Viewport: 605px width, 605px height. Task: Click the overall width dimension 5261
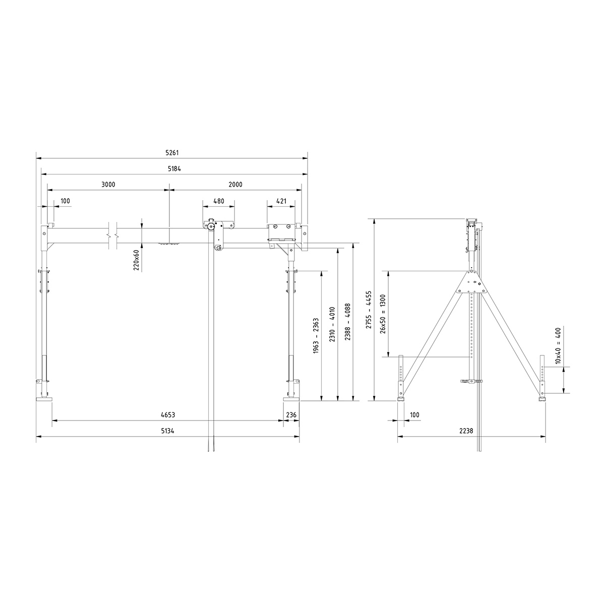point(172,153)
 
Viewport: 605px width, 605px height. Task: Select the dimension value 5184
point(172,169)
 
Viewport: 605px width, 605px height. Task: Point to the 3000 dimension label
point(108,185)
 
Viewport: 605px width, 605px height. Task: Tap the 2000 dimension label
point(235,185)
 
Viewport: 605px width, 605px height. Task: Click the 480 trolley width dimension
point(218,201)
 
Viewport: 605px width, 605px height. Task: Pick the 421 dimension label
point(281,201)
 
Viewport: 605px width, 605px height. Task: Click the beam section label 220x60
point(137,260)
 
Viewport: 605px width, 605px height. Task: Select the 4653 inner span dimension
point(168,415)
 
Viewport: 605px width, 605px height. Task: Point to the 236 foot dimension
point(291,415)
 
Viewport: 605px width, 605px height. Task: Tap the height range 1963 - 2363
point(316,335)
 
